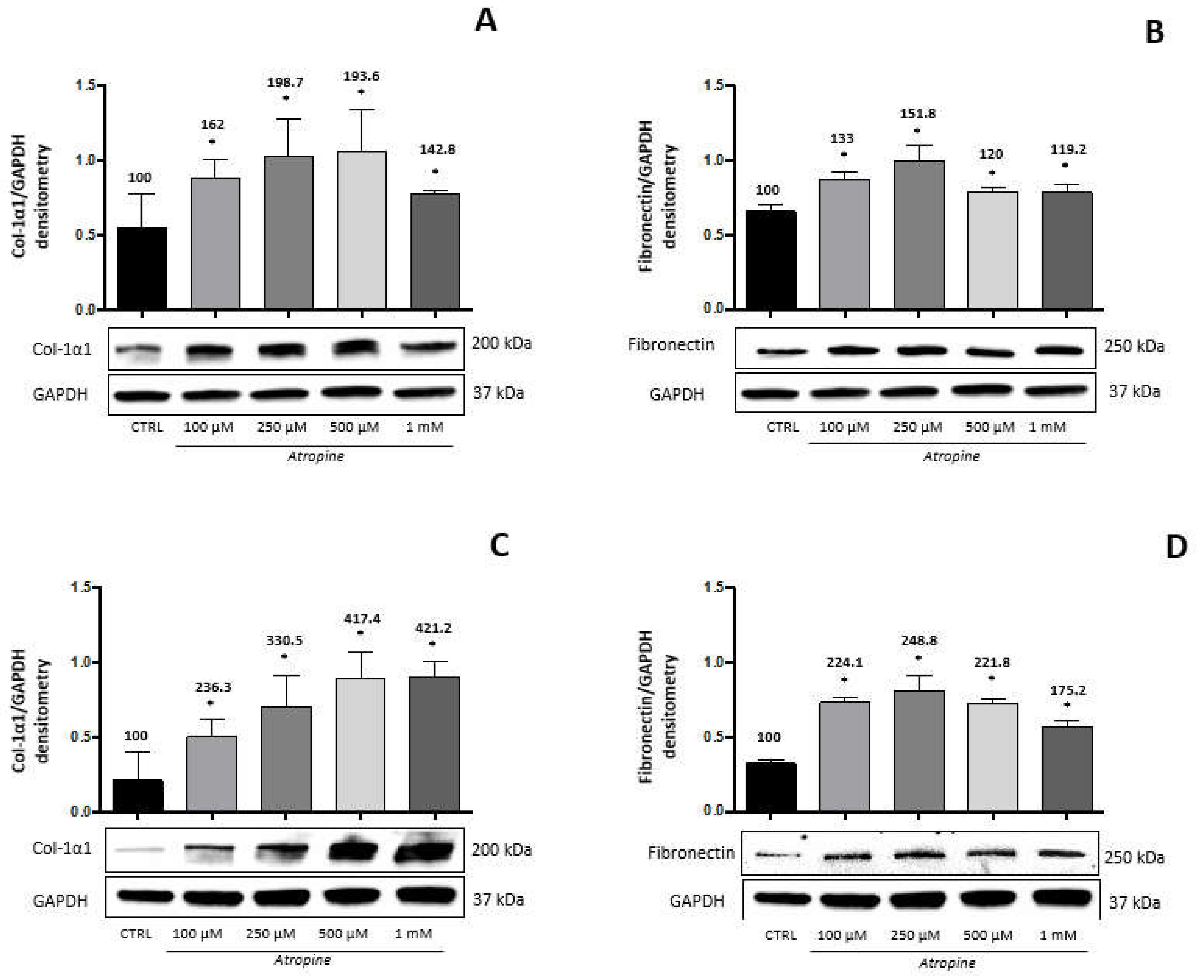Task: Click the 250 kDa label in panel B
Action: pyautogui.click(x=1134, y=346)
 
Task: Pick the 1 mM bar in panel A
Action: pyautogui.click(x=435, y=251)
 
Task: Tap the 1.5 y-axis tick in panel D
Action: pyautogui.click(x=714, y=587)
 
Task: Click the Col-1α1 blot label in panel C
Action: pyautogui.click(x=62, y=848)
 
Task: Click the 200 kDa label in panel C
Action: pyautogui.click(x=501, y=850)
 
